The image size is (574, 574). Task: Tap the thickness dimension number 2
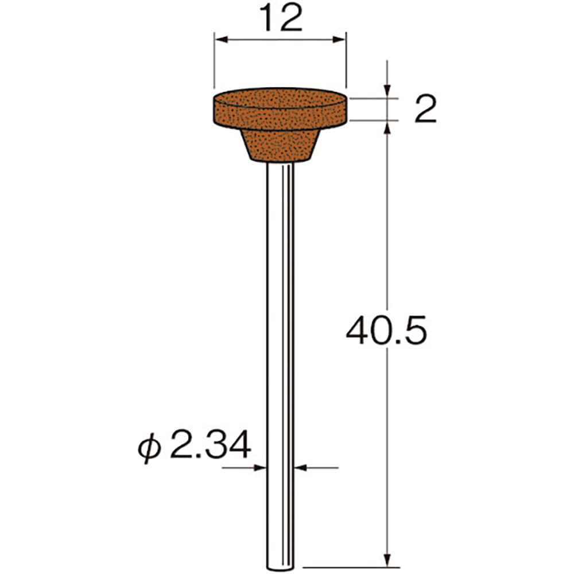pyautogui.click(x=425, y=108)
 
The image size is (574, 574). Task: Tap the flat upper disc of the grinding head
pyautogui.click(x=280, y=109)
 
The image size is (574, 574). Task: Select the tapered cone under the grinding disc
pyautogui.click(x=280, y=144)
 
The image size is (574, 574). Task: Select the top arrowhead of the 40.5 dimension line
pyautogui.click(x=389, y=127)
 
